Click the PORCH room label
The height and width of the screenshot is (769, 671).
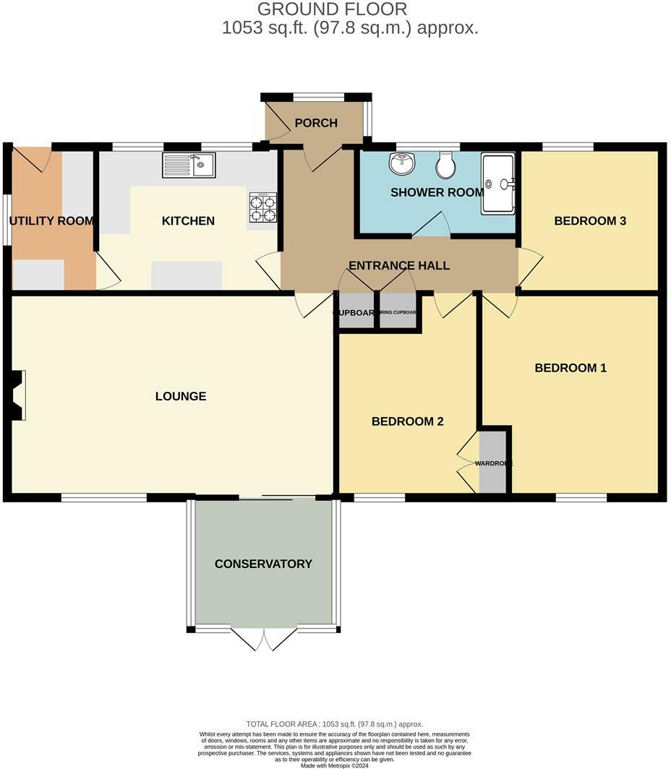316,123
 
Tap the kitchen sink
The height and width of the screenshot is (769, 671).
189,166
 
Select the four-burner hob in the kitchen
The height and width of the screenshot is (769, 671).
263,207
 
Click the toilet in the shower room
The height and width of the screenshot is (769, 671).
445,166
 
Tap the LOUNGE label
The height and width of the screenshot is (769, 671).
181,396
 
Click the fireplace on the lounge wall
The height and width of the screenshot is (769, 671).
17,395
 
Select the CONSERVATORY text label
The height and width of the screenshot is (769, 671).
263,564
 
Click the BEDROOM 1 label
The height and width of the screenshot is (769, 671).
570,368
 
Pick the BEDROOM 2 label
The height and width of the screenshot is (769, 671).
407,421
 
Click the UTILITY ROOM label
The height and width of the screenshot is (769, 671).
52,220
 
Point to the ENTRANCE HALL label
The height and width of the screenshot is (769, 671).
399,265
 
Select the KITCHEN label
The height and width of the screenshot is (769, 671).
188,220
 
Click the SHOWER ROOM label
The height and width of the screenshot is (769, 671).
437,192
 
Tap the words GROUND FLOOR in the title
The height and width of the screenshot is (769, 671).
332,9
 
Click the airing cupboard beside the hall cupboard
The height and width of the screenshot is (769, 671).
398,313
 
